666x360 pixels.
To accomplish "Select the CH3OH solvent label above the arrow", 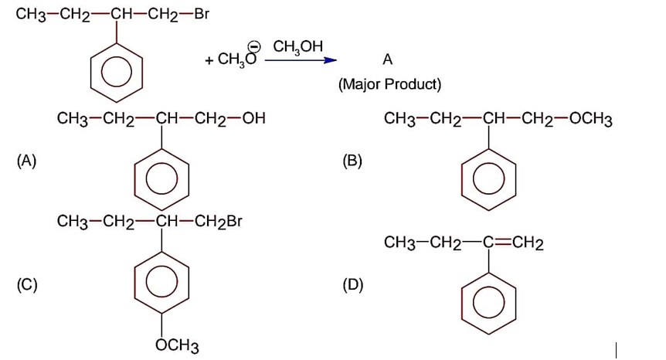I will click(297, 47).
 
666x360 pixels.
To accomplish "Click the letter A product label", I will click(387, 59).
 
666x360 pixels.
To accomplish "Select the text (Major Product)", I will click(389, 83).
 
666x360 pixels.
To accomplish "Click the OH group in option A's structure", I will click(253, 120).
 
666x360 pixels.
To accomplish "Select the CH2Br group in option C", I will click(219, 222).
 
